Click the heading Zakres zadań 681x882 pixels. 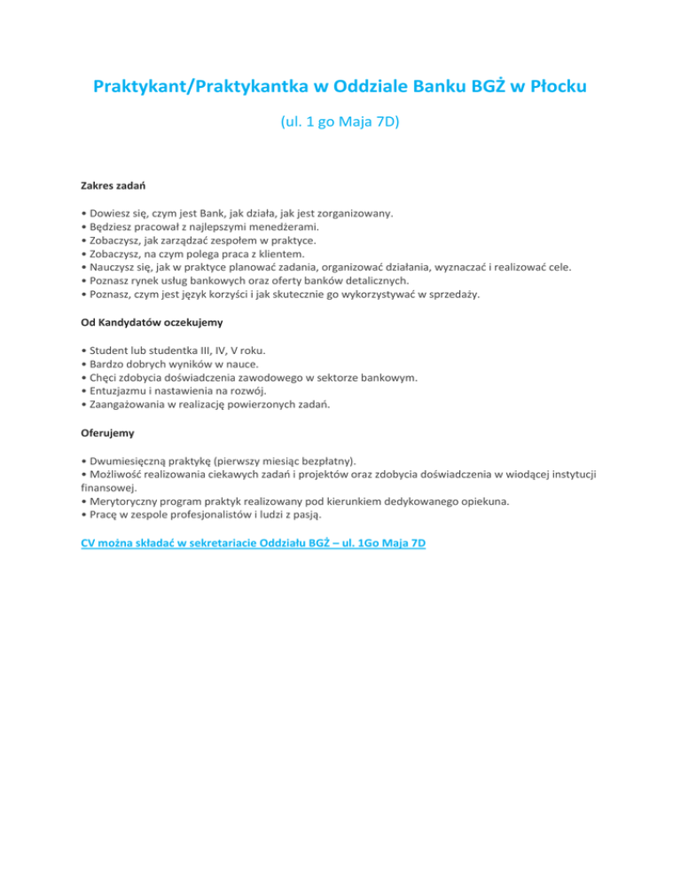[x=111, y=188]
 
